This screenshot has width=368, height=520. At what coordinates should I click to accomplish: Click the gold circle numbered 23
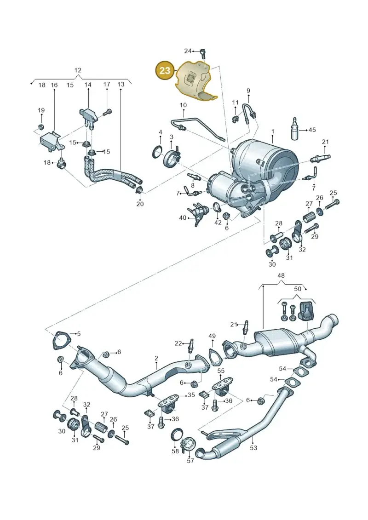coord(165,70)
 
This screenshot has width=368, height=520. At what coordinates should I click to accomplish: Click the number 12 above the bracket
coord(78,70)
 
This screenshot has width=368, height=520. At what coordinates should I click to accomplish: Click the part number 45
coord(312,130)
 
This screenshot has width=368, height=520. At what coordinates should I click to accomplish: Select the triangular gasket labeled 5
coord(60,341)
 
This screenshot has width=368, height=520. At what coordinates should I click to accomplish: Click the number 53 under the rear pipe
coord(253,448)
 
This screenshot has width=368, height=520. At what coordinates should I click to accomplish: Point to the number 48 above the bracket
coord(281,275)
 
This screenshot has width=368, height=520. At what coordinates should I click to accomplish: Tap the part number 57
coord(190,461)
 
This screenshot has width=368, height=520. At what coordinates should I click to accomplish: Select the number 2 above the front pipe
coord(156,358)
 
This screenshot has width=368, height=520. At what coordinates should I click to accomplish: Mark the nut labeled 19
coord(41,127)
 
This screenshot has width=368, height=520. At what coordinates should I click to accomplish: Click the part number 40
coord(183,218)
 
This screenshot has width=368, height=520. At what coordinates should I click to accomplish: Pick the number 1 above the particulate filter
coord(273,131)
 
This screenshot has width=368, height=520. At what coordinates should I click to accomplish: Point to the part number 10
coord(183,105)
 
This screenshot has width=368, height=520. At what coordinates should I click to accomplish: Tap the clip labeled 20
coord(139,190)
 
